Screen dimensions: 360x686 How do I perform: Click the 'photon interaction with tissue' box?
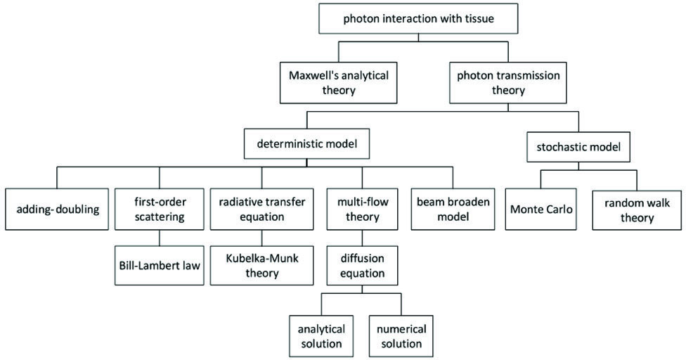pyautogui.click(x=418, y=18)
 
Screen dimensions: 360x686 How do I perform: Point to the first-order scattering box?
pyautogui.click(x=159, y=210)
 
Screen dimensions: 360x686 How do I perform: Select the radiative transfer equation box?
pyautogui.click(x=261, y=210)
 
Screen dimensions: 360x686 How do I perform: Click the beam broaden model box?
pyautogui.click(x=451, y=210)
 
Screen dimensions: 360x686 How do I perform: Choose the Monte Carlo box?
pyautogui.click(x=543, y=210)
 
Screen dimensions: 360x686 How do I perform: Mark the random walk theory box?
pyautogui.click(x=637, y=210)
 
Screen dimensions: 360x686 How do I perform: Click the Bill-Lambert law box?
pyautogui.click(x=159, y=266)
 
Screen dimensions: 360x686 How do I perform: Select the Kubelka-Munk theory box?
pyautogui.click(x=261, y=266)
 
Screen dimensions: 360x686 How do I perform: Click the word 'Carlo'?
pyautogui.click(x=558, y=210)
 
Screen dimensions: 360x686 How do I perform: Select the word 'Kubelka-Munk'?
pyautogui.click(x=262, y=258)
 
